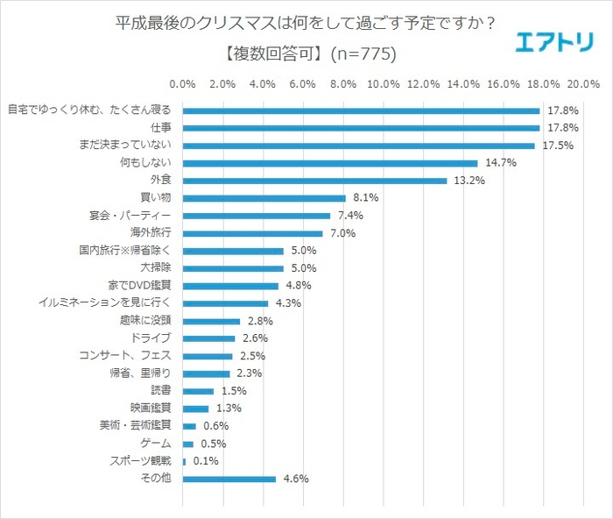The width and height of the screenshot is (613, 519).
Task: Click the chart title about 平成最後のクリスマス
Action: pos(306,23)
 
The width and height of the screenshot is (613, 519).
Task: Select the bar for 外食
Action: pos(314,181)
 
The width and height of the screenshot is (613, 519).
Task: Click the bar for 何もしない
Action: pos(330,163)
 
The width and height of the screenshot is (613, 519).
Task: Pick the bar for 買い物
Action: pos(264,198)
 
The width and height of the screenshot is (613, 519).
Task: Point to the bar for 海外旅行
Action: pos(252,233)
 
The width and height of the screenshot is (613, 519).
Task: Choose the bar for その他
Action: pos(229,479)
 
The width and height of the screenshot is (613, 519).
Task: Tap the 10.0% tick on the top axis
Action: pos(383,84)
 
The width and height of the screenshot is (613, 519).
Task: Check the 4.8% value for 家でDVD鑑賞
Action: pos(298,286)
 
